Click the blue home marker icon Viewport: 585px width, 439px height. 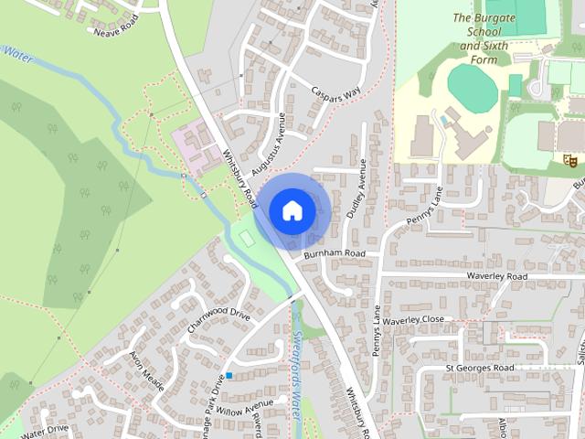tap(292, 210)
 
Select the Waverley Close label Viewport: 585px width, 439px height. tap(413, 320)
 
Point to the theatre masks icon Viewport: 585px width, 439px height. tap(570, 160)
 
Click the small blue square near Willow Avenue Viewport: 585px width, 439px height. tap(229, 376)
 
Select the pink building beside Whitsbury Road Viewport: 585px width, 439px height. tap(197, 147)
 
